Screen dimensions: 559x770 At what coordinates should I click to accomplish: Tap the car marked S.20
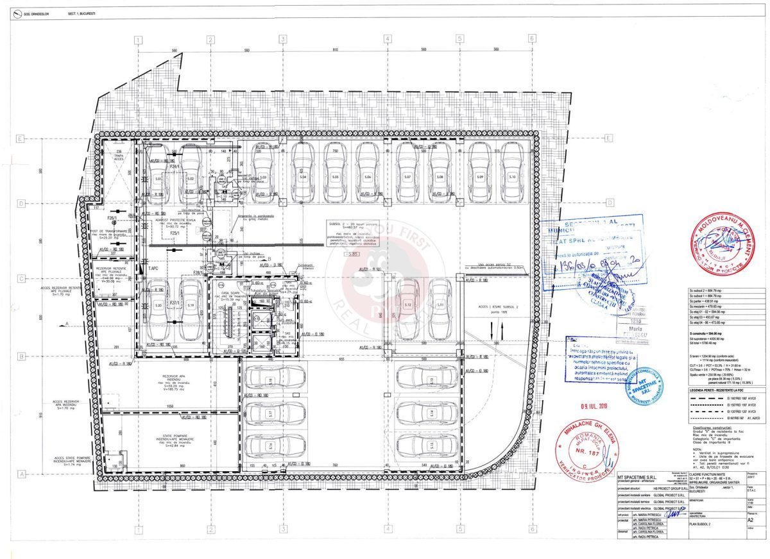[158, 309]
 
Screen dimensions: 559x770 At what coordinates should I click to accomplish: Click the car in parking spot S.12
[407, 309]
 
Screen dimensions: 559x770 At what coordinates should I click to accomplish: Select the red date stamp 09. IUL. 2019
[597, 405]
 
